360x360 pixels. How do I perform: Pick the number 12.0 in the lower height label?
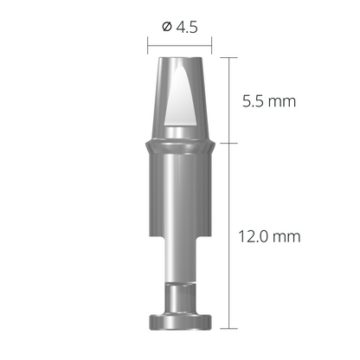259,235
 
